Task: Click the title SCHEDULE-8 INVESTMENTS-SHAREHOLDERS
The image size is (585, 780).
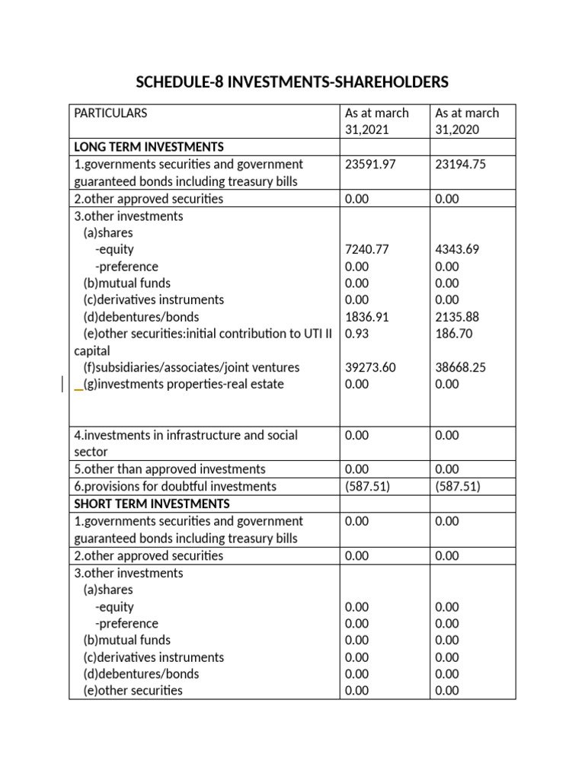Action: [x=292, y=82]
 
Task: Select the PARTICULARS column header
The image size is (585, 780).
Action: [x=110, y=113]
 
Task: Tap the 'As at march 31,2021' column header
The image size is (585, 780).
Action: [x=377, y=121]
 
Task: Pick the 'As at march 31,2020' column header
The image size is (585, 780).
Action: [x=467, y=121]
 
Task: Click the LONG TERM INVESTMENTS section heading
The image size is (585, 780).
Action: [x=149, y=146]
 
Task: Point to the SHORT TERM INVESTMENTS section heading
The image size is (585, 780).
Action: [x=152, y=503]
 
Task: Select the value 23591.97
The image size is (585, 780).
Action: [x=371, y=164]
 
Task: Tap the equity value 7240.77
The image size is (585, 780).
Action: [x=367, y=249]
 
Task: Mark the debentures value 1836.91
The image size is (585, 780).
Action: [x=367, y=316]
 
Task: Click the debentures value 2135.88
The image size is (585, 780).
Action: [x=457, y=316]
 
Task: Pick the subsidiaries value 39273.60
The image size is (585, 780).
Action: [x=371, y=367]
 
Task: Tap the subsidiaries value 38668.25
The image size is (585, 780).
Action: [x=461, y=367]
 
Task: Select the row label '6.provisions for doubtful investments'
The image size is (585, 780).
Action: [x=175, y=486]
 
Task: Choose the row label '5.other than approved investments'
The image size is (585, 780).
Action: [x=170, y=468]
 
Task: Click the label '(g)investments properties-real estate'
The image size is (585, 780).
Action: [x=184, y=384]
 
